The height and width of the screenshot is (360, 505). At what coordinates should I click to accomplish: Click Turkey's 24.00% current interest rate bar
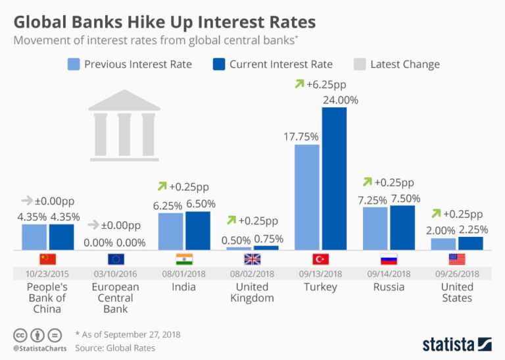334,178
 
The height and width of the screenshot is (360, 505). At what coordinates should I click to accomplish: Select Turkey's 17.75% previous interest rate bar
306,197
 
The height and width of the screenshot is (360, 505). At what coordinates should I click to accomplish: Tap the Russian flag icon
389,259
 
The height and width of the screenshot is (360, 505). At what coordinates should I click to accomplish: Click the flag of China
48,259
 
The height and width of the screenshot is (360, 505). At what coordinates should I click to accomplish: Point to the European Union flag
116,259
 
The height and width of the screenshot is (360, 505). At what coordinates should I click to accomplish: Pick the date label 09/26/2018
457,273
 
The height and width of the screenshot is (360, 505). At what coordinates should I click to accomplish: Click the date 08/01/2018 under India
184,273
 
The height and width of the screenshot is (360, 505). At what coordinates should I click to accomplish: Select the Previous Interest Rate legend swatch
74,64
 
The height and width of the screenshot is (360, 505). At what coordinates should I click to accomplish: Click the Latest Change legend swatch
359,64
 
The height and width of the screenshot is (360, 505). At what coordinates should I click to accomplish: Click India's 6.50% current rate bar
198,230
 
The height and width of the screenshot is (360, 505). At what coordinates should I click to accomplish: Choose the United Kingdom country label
252,292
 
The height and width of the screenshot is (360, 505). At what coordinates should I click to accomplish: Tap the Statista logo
456,343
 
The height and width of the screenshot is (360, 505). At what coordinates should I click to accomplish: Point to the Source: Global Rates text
115,347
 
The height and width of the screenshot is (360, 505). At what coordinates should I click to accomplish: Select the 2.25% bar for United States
470,243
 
